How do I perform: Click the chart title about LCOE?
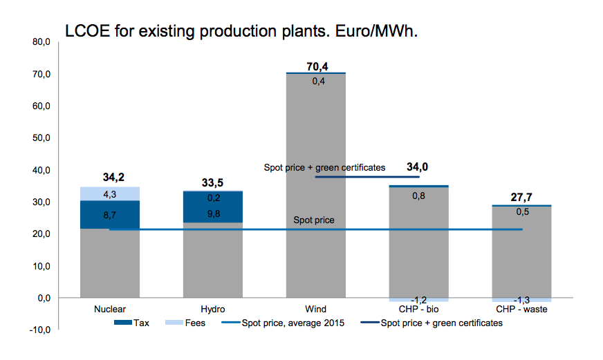pyautogui.click(x=241, y=31)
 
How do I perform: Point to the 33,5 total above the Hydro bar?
pyautogui.click(x=213, y=184)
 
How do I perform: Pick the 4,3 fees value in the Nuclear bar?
pyautogui.click(x=111, y=194)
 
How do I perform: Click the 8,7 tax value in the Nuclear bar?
pyautogui.click(x=111, y=216)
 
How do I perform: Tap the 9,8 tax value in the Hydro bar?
pyautogui.click(x=213, y=214)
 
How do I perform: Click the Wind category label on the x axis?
pyautogui.click(x=315, y=310)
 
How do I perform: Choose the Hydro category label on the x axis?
pyautogui.click(x=213, y=310)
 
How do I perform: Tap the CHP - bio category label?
pyautogui.click(x=418, y=310)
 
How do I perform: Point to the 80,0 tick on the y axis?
pyautogui.click(x=41, y=42)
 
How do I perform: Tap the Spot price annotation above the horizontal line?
pyautogui.click(x=314, y=220)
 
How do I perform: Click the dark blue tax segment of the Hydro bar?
pyautogui.click(x=213, y=207)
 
